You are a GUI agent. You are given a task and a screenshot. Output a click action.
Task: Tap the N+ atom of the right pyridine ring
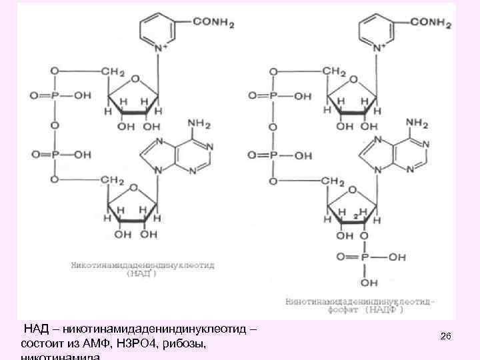[x=378, y=49]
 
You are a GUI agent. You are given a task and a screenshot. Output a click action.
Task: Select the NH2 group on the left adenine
[x=200, y=123]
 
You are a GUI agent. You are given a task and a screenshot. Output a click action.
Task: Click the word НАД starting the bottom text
[x=35, y=330]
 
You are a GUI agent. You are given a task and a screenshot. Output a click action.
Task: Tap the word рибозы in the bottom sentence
[x=187, y=343]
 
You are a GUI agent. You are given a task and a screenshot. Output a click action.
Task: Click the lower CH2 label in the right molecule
[x=331, y=181]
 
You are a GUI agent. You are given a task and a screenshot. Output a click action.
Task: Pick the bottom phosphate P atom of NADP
[x=364, y=256]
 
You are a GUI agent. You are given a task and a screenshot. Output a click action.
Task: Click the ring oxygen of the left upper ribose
[x=135, y=79]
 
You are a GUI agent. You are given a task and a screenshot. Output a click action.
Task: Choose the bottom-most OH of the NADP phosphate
[x=364, y=279]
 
